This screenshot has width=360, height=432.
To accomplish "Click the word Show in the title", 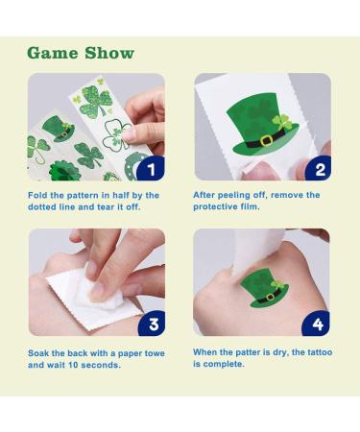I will [x=108, y=52].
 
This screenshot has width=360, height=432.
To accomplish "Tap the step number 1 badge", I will [x=150, y=168].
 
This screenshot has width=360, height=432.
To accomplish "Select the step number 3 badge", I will [x=150, y=323].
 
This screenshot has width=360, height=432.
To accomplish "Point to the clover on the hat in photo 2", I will [x=282, y=123].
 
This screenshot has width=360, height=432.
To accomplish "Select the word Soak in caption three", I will [x=40, y=352].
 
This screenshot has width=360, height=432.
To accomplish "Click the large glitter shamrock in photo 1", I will [x=97, y=99].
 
